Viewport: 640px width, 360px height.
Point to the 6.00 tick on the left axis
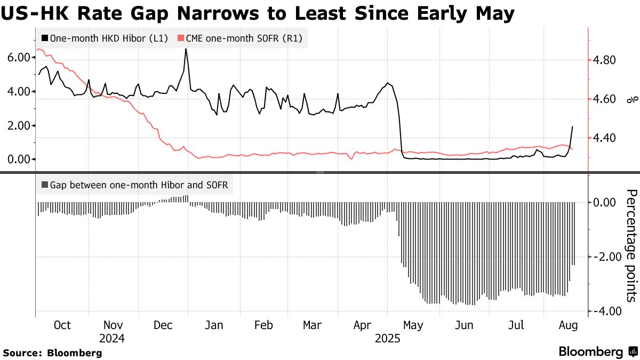point(19,58)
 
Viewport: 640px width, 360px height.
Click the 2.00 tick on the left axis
point(19,125)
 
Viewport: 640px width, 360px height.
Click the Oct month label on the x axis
point(62,325)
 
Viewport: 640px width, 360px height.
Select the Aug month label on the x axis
point(566,325)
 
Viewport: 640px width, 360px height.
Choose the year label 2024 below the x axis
point(112,338)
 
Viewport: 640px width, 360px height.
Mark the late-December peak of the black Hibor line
point(186,49)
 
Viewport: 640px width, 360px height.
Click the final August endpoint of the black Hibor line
point(572,126)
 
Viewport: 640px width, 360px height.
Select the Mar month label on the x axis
point(311,325)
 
